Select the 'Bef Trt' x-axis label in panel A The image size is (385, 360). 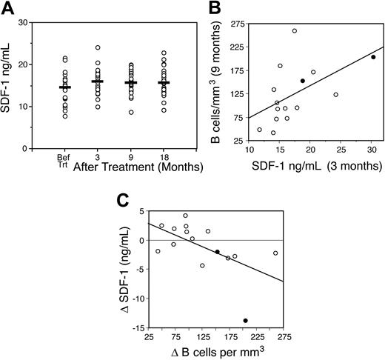(x=64, y=160)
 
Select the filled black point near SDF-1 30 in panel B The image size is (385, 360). (x=373, y=57)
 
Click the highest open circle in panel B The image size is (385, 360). (x=294, y=31)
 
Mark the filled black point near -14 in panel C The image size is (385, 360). (x=245, y=321)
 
